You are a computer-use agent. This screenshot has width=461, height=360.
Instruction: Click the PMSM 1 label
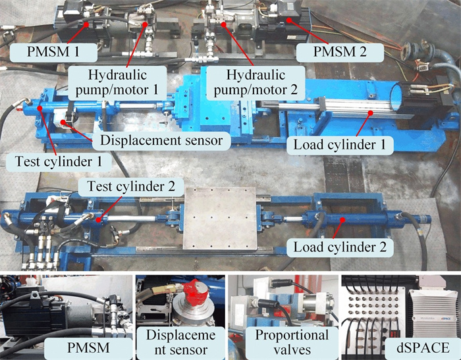click(x=53, y=52)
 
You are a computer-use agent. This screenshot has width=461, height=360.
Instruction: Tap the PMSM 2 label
click(x=340, y=52)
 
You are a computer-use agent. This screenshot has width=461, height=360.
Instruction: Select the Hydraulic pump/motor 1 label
click(x=117, y=82)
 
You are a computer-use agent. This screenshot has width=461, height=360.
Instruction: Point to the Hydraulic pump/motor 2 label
click(x=256, y=82)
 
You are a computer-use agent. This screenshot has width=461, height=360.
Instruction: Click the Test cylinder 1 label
click(x=59, y=161)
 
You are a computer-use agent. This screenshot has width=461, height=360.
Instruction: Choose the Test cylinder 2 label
click(x=131, y=186)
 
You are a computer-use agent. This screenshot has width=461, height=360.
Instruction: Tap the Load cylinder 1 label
click(x=340, y=145)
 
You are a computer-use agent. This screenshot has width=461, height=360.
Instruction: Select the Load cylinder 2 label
click(x=340, y=247)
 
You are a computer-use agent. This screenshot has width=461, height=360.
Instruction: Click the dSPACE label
click(x=423, y=348)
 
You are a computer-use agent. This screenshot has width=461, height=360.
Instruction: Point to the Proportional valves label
click(x=292, y=342)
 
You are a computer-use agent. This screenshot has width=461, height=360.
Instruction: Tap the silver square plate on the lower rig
click(x=220, y=218)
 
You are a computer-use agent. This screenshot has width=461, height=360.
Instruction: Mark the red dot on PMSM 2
click(x=288, y=20)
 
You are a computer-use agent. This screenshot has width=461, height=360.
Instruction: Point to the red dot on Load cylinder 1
click(x=371, y=113)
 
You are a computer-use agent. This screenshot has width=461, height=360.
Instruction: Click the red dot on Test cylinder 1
click(x=40, y=108)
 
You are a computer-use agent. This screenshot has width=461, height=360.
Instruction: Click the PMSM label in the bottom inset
click(x=88, y=348)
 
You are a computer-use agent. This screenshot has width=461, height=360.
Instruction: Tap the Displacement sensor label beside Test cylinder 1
click(x=161, y=140)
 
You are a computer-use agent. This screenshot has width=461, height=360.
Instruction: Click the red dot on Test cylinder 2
click(x=99, y=219)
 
